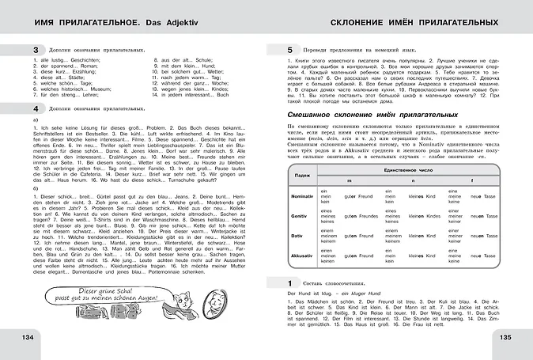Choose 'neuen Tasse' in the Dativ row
click(485, 235)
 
